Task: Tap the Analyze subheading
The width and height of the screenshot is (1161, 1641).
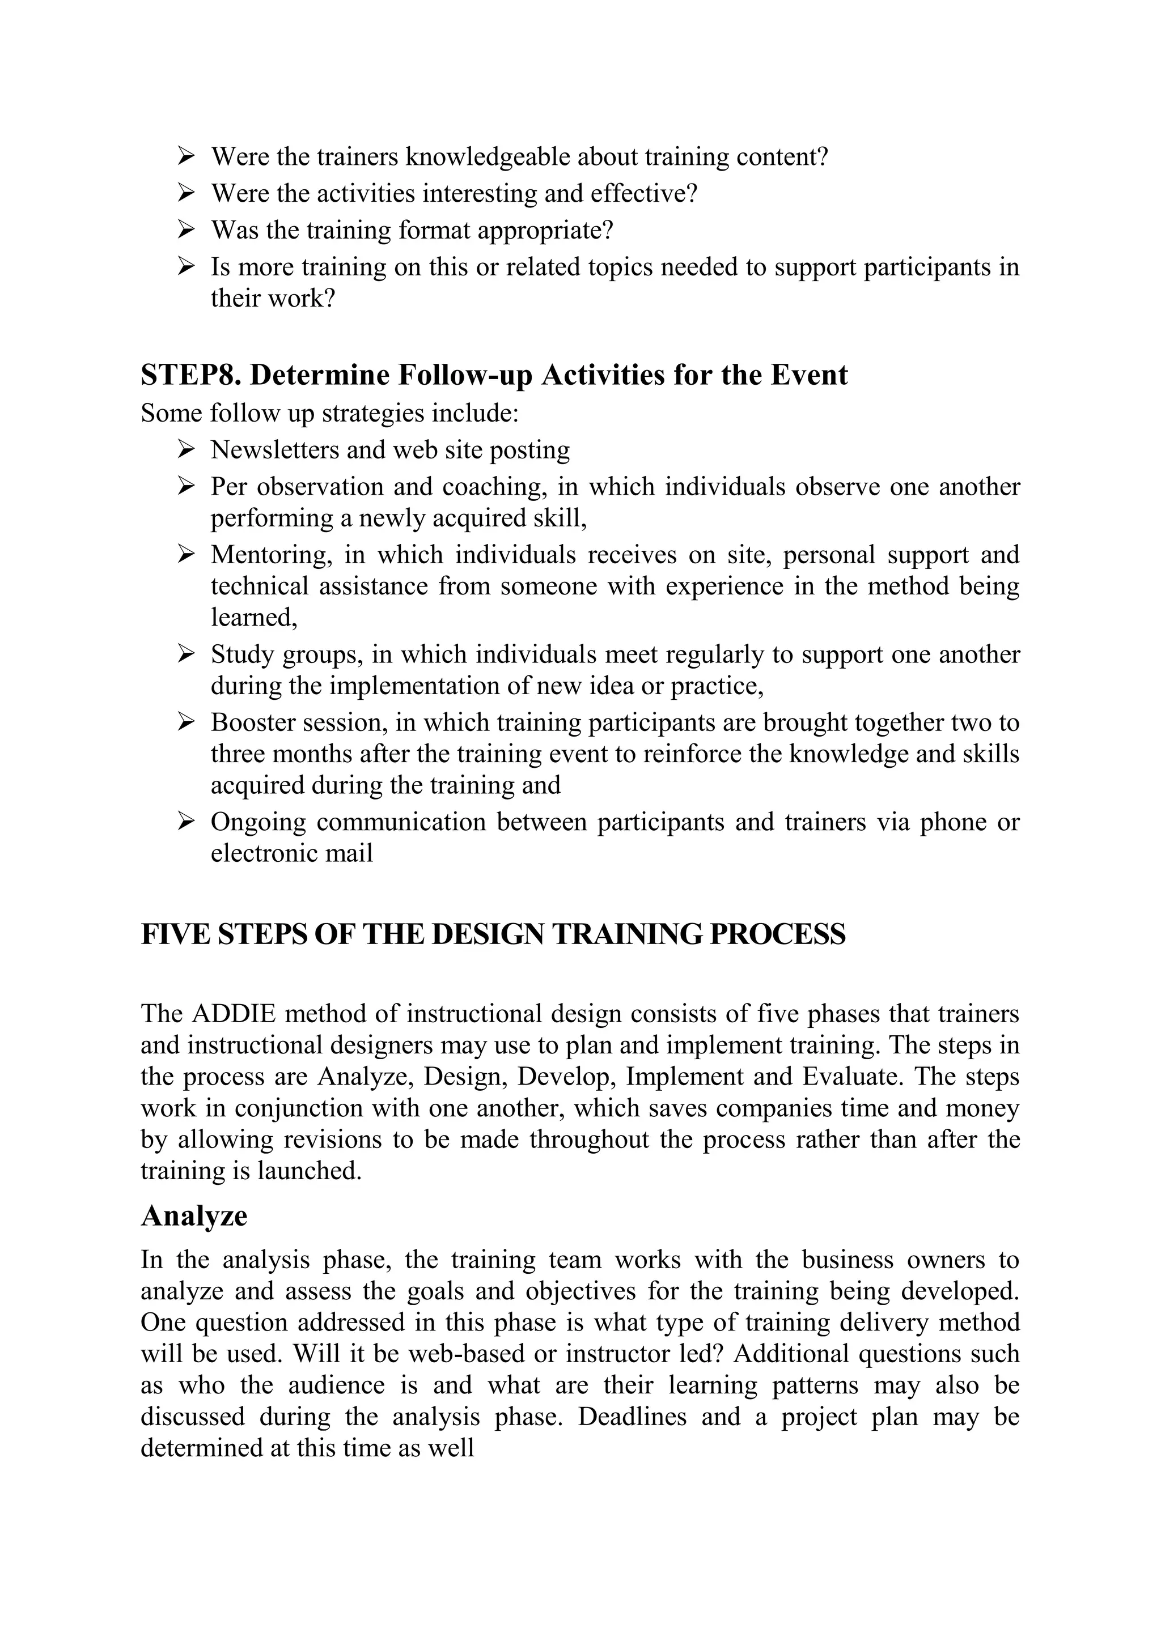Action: tap(194, 1216)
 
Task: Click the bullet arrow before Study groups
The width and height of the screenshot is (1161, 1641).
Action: tap(186, 653)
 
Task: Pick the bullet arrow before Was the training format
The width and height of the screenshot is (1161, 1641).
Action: tap(186, 229)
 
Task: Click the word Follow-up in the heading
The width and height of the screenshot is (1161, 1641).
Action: tap(465, 375)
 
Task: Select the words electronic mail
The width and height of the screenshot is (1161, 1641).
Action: tap(292, 853)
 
